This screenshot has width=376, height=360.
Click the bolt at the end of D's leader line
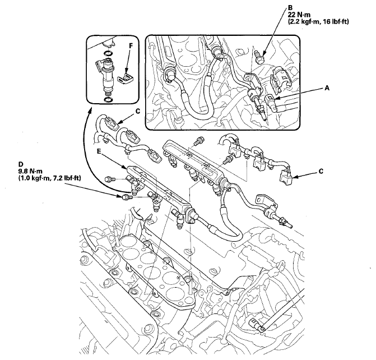(122, 197)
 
